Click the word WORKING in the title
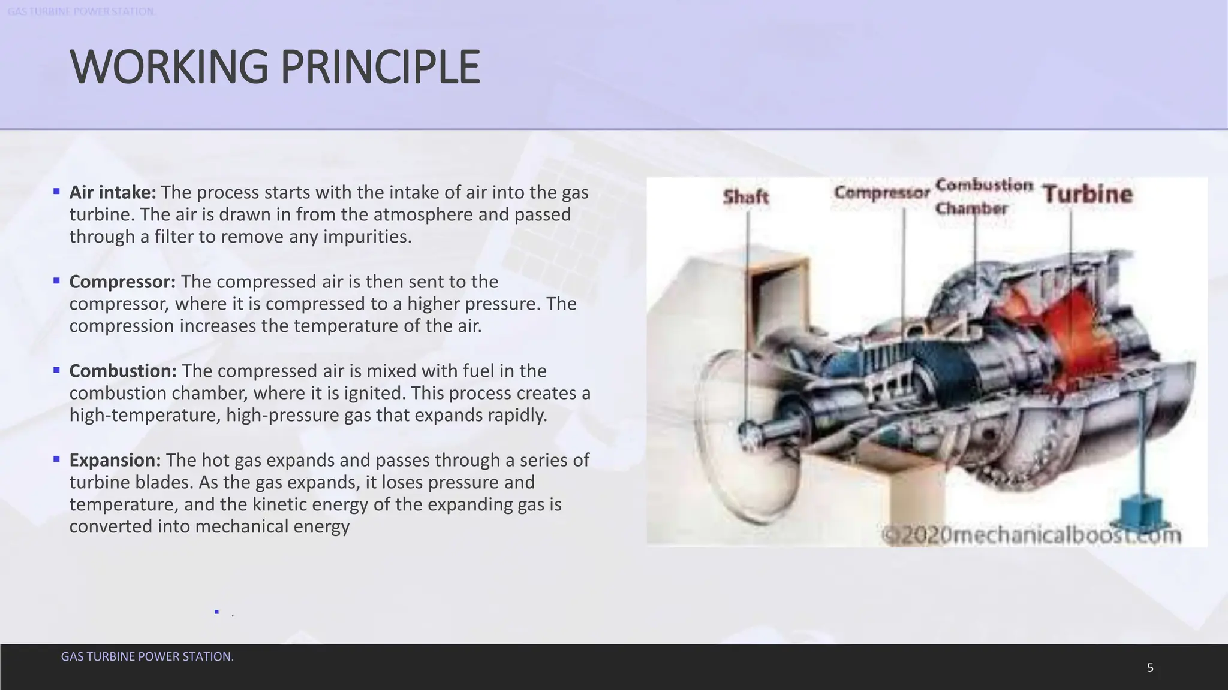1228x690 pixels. pos(168,67)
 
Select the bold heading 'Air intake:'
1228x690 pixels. pos(113,192)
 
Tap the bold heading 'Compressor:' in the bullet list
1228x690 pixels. pos(122,282)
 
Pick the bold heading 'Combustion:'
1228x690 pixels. pos(123,371)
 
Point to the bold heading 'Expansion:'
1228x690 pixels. pos(115,460)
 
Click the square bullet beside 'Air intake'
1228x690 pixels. pos(56,192)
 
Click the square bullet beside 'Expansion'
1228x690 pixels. pos(56,459)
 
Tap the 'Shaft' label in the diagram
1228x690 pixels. pos(745,196)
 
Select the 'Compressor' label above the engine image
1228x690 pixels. pos(881,193)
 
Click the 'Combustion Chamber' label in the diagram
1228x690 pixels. pos(983,196)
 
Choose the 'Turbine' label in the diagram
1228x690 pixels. pos(1088,194)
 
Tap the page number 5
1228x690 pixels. pos(1150,668)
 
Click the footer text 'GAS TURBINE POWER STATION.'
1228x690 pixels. pos(148,656)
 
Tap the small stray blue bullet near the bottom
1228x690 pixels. pos(216,612)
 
